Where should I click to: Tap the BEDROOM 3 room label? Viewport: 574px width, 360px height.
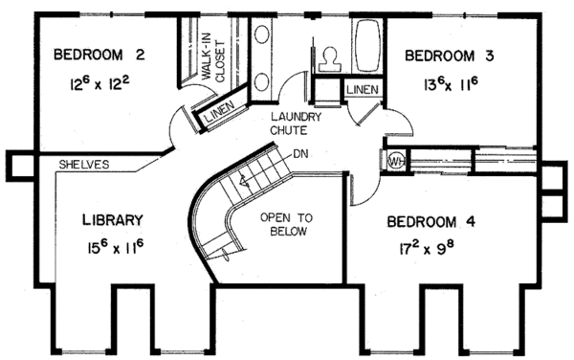(x=449, y=56)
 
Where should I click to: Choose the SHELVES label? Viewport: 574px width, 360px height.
(x=83, y=164)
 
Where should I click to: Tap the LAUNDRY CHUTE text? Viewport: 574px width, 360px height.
(x=295, y=124)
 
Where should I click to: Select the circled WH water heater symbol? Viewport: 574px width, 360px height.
(x=394, y=160)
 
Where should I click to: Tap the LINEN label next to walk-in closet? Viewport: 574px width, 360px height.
(x=219, y=115)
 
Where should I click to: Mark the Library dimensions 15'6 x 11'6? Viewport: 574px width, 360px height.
(x=114, y=247)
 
